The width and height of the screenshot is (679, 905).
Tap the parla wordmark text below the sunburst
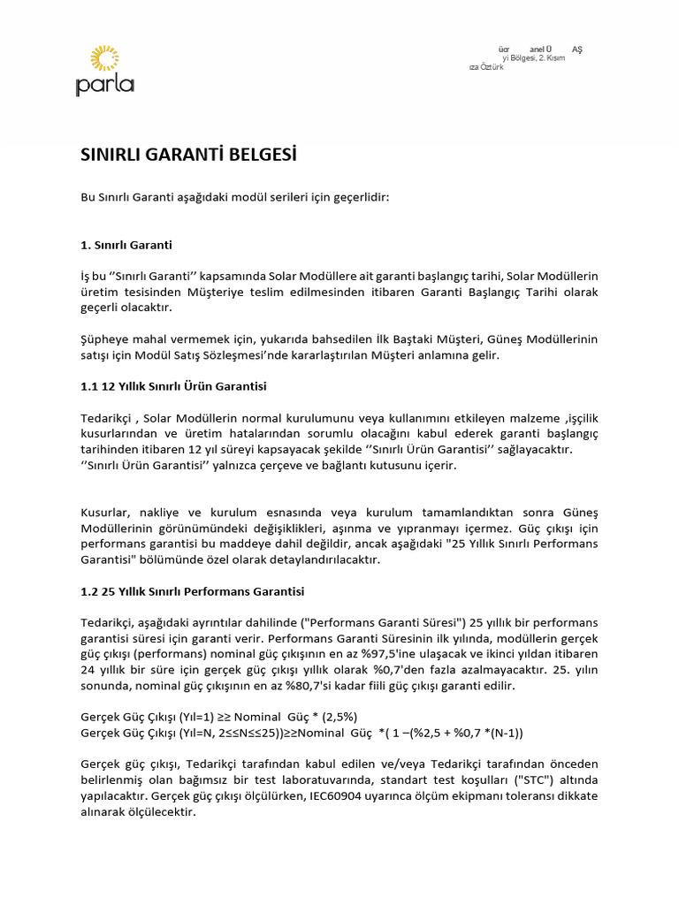[104, 87]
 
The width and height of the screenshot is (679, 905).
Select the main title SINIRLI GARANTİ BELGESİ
[188, 156]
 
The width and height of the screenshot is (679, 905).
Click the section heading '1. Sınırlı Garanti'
[126, 245]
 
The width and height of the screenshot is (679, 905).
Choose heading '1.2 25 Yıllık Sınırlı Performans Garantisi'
[192, 590]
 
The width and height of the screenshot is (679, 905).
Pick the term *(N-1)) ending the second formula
[500, 732]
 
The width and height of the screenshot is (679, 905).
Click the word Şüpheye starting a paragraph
[105, 339]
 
